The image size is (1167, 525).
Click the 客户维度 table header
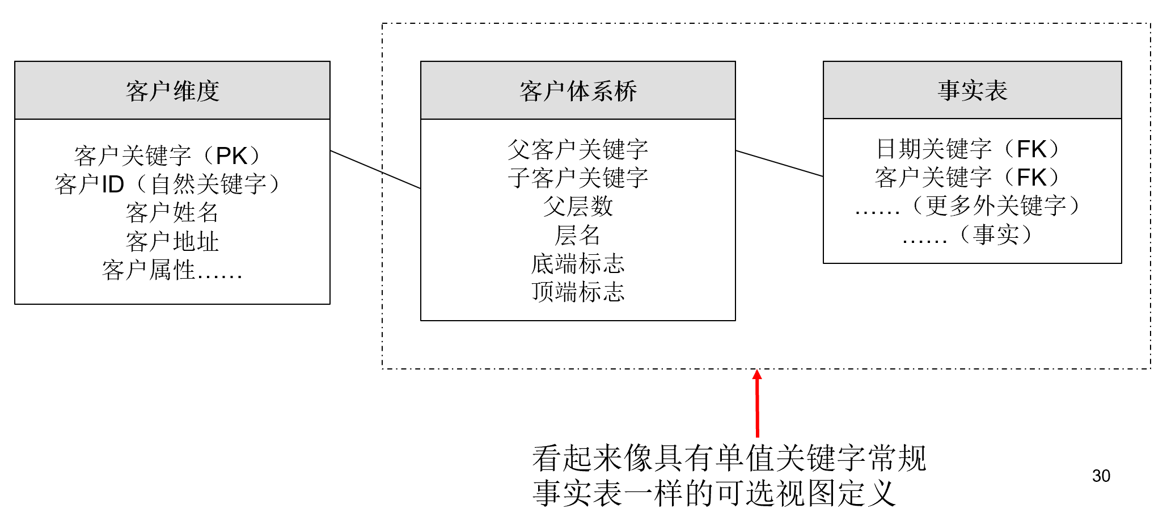pos(172,91)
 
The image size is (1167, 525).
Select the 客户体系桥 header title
pos(578,91)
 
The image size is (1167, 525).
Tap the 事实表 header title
pos(972,90)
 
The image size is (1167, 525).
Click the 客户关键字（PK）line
pos(168,156)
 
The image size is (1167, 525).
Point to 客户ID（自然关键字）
pos(168,184)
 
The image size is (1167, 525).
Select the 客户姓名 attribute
pos(172,213)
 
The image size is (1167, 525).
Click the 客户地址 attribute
pos(172,242)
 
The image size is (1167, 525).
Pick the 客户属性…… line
pos(172,270)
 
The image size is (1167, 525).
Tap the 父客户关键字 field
pos(578,150)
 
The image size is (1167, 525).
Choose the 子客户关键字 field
pos(578,178)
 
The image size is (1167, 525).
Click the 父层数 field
pos(578,207)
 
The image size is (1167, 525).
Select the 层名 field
pos(578,235)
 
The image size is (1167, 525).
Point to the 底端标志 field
pos(578,264)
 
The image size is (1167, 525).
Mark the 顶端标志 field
pos(578,292)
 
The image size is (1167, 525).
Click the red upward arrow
pos(757,403)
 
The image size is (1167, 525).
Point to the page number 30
pos(1101,476)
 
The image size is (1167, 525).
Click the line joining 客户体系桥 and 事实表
pos(779,163)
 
